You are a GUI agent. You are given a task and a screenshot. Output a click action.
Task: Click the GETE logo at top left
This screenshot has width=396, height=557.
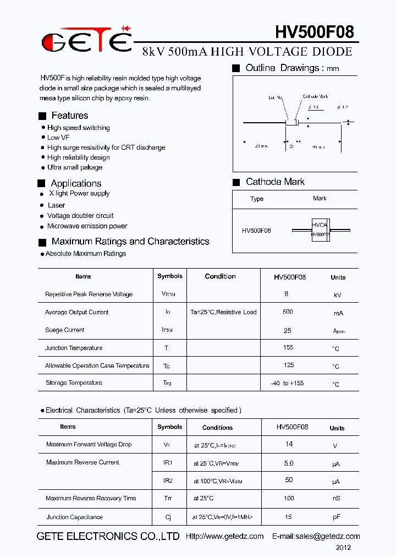[87, 40]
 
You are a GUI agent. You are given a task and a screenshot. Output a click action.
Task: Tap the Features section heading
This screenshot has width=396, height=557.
[69, 116]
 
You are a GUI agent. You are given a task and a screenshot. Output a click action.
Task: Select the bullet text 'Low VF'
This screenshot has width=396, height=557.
[58, 138]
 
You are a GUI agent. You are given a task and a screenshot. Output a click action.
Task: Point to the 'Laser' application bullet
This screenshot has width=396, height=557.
[56, 205]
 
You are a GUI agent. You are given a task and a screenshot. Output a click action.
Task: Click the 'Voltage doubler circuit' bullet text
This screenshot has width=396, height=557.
[80, 216]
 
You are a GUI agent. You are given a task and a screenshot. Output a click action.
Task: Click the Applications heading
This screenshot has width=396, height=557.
[76, 183]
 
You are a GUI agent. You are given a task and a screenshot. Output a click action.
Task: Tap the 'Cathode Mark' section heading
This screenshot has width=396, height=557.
[275, 182]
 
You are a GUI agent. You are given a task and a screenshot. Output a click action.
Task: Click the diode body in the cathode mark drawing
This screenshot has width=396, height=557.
[320, 230]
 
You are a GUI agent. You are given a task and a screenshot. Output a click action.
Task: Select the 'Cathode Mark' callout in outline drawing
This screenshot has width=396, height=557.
[314, 97]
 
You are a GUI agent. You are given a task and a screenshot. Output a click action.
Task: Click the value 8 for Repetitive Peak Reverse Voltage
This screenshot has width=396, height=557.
[287, 294]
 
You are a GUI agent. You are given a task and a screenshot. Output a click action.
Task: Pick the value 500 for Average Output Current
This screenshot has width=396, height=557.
[288, 312]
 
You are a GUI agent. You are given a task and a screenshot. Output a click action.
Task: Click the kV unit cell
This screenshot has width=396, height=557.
[338, 295]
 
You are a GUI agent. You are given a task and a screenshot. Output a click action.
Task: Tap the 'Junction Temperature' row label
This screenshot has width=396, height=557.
[74, 348]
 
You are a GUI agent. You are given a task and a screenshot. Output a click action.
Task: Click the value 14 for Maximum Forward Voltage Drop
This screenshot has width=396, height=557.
[289, 444]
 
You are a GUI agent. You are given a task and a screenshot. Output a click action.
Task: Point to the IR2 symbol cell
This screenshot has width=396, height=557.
[168, 480]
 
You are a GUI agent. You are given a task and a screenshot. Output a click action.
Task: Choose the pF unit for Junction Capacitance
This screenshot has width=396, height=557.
[337, 518]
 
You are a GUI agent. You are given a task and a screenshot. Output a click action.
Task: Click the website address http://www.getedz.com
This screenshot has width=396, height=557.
[225, 536]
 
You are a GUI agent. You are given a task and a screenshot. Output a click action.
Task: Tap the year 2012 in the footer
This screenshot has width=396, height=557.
[343, 548]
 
